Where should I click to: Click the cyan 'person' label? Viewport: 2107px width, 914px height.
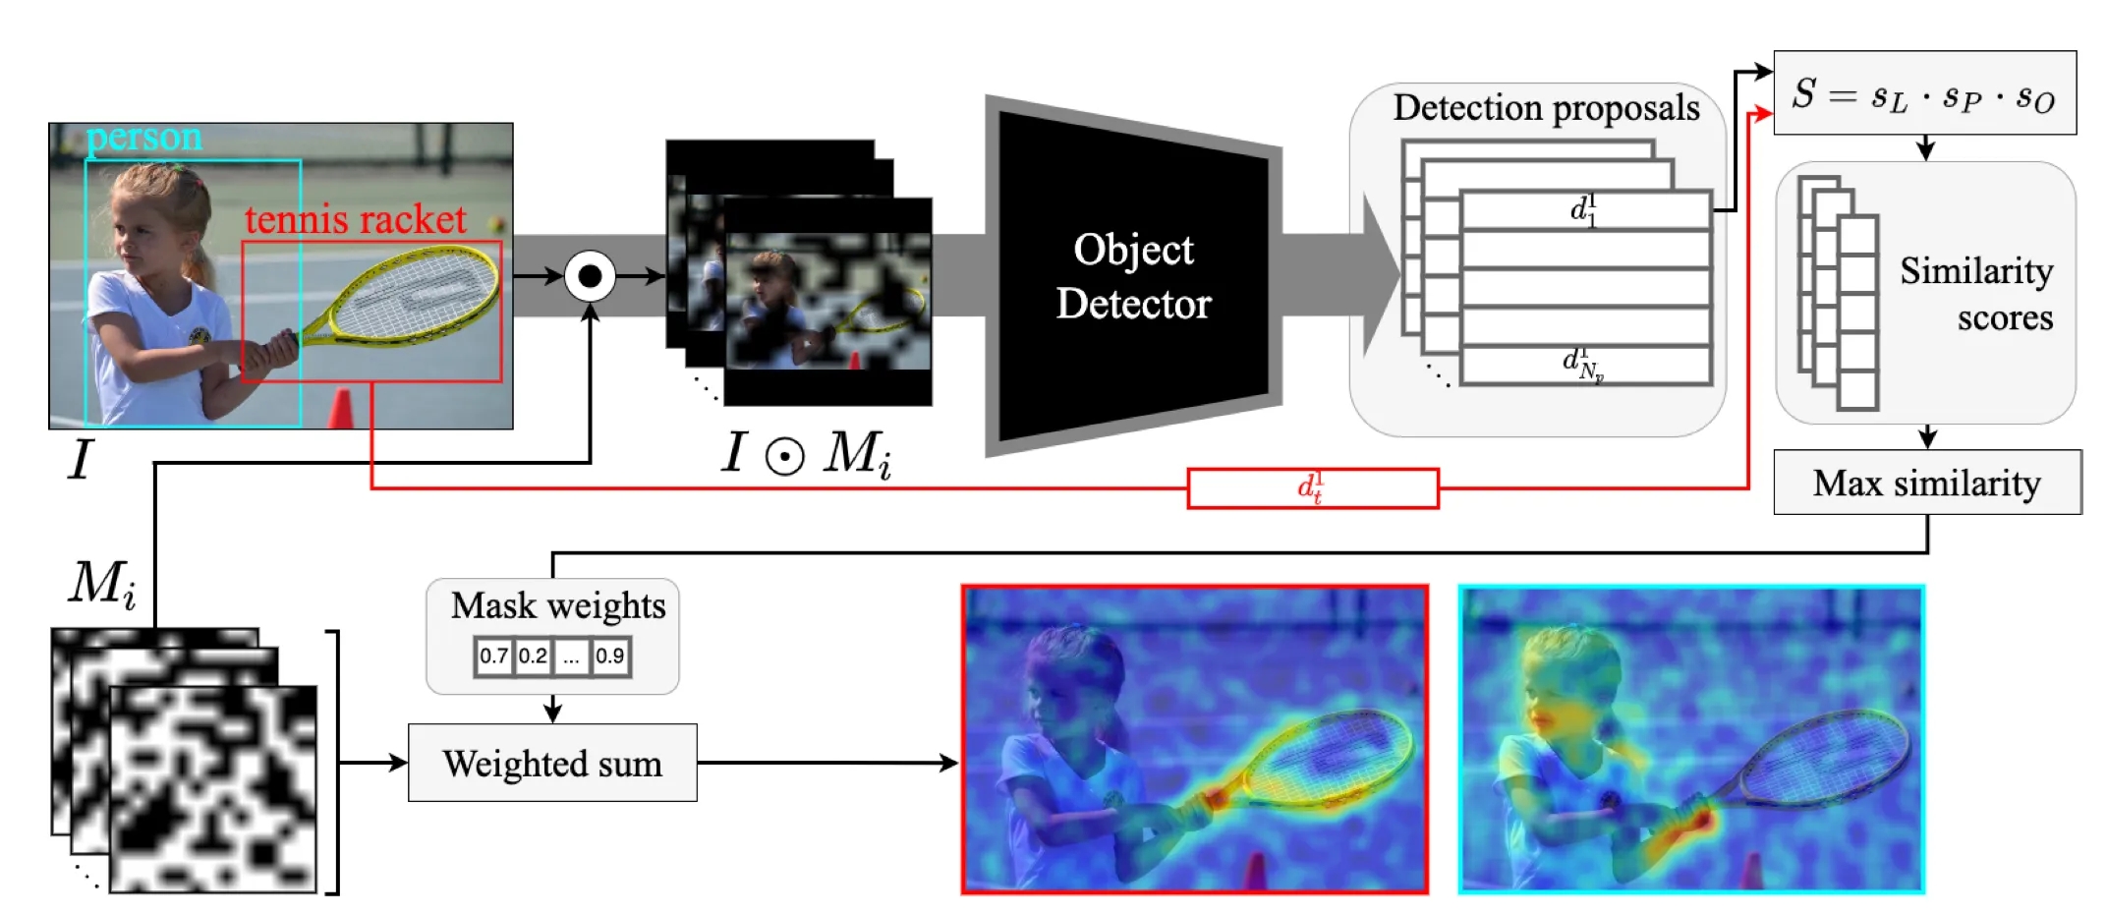[x=144, y=138]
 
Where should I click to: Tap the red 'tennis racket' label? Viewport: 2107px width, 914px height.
[x=355, y=219]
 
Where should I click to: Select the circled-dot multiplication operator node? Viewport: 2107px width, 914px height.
[x=590, y=276]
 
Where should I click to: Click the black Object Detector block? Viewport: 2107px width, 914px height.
[x=1133, y=276]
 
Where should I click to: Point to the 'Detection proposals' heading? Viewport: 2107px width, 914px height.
[x=1546, y=107]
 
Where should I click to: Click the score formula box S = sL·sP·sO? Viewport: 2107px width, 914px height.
[x=1923, y=93]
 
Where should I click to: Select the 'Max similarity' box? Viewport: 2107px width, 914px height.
[x=1926, y=483]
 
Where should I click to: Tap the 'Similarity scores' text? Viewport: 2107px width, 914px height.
[x=1975, y=293]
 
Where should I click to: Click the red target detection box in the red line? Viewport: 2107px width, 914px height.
[x=1312, y=488]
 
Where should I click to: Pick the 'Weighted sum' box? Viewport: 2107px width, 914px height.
[x=552, y=764]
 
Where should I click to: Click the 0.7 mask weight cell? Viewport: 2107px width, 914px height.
[x=493, y=657]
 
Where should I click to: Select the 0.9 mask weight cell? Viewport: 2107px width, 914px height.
[x=610, y=657]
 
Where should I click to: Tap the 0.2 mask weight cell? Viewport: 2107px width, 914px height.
[x=533, y=657]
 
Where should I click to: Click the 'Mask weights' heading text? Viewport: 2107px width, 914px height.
[x=557, y=605]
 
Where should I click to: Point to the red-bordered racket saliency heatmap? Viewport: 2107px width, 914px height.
[x=1194, y=739]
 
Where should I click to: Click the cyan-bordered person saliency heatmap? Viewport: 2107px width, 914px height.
[x=1691, y=739]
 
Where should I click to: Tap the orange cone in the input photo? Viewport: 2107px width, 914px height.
[x=341, y=409]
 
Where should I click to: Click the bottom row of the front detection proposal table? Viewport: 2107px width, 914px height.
[x=1585, y=365]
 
